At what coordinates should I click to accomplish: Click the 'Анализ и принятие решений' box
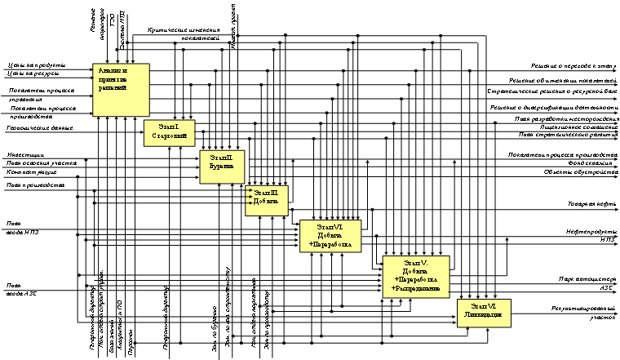coord(120,88)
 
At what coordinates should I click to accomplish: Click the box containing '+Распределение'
coord(416,278)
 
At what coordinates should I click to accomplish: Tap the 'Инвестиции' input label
coord(21,154)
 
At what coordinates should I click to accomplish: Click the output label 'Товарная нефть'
coord(591,206)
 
